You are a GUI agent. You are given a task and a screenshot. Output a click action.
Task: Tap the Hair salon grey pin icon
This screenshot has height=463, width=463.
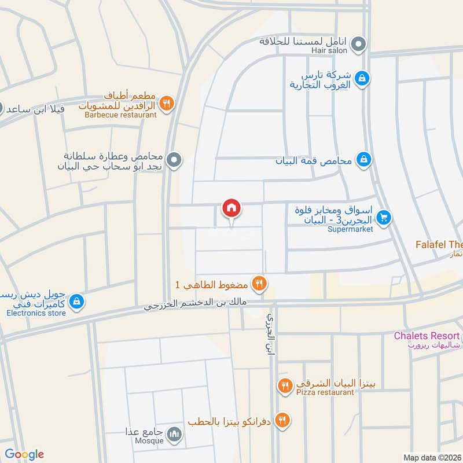[359, 43]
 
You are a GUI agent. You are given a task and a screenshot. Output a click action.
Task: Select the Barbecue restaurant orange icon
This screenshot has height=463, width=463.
[167, 103]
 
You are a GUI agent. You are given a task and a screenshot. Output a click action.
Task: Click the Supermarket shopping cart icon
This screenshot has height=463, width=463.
[383, 218]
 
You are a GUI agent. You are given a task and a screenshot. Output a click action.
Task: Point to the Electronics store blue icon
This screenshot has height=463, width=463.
[76, 302]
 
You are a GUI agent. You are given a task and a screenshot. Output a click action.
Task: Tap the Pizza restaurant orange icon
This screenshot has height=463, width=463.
[284, 386]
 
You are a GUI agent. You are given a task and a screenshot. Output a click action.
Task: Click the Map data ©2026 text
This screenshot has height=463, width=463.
[432, 457]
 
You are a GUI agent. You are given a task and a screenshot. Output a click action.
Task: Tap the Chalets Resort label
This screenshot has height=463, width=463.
[427, 336]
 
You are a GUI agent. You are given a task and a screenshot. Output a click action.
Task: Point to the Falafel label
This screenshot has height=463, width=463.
[439, 245]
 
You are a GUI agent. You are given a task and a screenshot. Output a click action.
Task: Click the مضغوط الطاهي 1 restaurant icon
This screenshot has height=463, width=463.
[259, 284]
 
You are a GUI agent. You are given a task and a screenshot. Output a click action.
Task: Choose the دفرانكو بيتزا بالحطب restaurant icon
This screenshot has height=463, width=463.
[282, 420]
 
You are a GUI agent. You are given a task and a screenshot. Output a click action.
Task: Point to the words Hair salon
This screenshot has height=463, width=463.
[330, 51]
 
